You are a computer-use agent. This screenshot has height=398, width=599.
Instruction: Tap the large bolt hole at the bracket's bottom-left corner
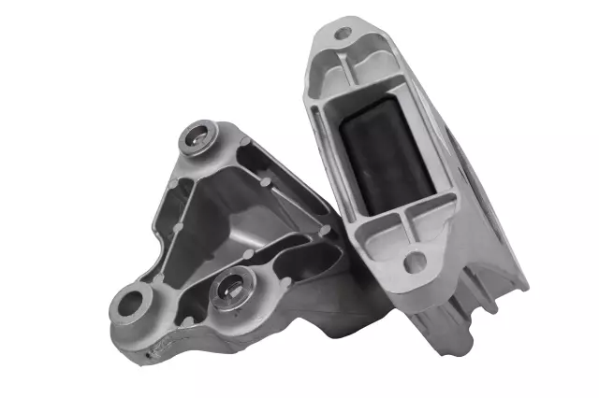(135, 301)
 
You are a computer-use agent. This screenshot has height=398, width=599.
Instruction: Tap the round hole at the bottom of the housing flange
(413, 262)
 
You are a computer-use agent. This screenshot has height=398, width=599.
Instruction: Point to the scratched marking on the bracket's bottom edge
(168, 347)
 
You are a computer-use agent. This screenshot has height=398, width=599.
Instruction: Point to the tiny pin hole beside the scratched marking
(147, 355)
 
